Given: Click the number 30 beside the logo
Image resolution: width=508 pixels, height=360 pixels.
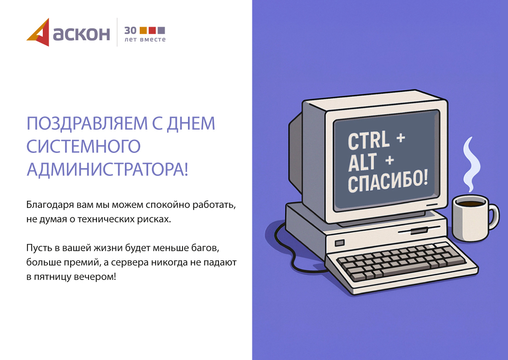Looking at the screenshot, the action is pyautogui.click(x=130, y=30).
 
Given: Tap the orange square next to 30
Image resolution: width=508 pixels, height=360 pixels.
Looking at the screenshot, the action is pyautogui.click(x=143, y=30).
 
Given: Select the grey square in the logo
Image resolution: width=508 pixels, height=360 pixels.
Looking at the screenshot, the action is pyautogui.click(x=161, y=30).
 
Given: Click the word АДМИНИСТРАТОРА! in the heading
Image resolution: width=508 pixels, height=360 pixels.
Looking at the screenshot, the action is pyautogui.click(x=108, y=169).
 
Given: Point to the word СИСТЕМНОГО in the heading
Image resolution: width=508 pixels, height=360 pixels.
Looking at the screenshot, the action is pyautogui.click(x=84, y=146).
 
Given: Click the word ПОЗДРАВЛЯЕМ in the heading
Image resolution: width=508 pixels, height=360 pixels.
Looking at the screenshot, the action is pyautogui.click(x=87, y=123).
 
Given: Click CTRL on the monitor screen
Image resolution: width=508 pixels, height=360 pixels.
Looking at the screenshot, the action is pyautogui.click(x=369, y=141).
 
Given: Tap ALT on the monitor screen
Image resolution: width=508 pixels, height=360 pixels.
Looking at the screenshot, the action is pyautogui.click(x=362, y=162).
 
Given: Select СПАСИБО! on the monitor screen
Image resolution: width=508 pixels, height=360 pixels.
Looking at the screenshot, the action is pyautogui.click(x=388, y=182).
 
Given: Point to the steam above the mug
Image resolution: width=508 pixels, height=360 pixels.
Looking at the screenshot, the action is pyautogui.click(x=471, y=164).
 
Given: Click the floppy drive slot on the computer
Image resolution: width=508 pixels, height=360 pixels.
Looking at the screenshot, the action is pyautogui.click(x=419, y=230).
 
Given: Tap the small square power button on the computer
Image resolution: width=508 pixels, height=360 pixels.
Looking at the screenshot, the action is pyautogui.click(x=340, y=243).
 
